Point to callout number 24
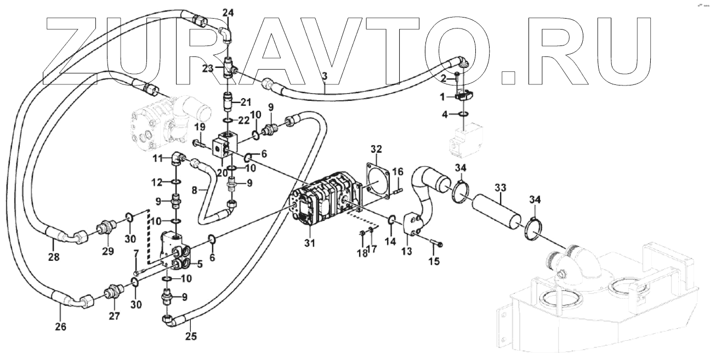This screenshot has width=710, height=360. pyautogui.click(x=228, y=12)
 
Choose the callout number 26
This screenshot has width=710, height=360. pyautogui.click(x=60, y=327)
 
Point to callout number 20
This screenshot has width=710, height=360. pyautogui.click(x=222, y=172)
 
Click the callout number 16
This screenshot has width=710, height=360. pyautogui.click(x=397, y=170)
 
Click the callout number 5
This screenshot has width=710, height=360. pyautogui.click(x=200, y=264)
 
